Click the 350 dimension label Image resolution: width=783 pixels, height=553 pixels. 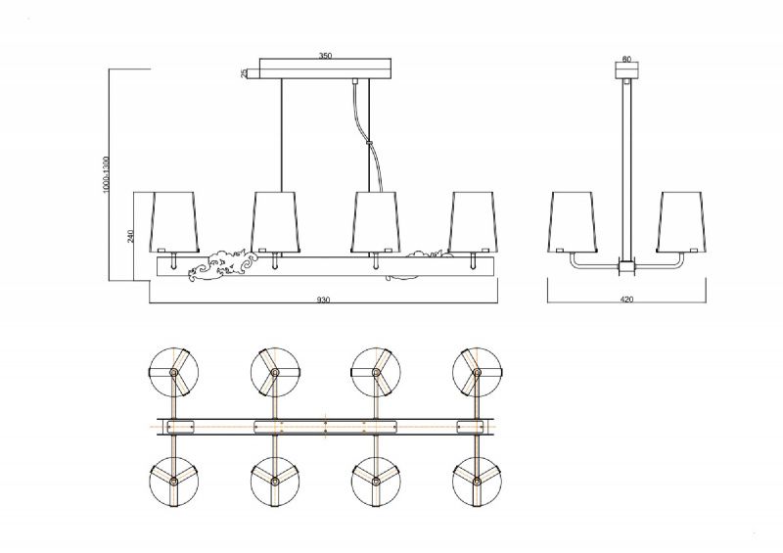[325, 56]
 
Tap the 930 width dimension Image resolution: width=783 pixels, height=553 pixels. [324, 300]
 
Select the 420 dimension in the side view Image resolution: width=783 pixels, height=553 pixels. [626, 300]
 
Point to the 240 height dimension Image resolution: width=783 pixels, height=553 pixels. [131, 236]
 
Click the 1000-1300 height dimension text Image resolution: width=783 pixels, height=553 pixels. [106, 177]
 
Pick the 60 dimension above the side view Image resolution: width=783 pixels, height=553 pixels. [626, 59]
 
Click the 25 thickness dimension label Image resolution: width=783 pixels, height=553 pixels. [244, 74]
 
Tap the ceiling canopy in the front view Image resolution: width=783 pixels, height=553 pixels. [325, 69]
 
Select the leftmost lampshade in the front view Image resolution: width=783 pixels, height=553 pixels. [175, 221]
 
